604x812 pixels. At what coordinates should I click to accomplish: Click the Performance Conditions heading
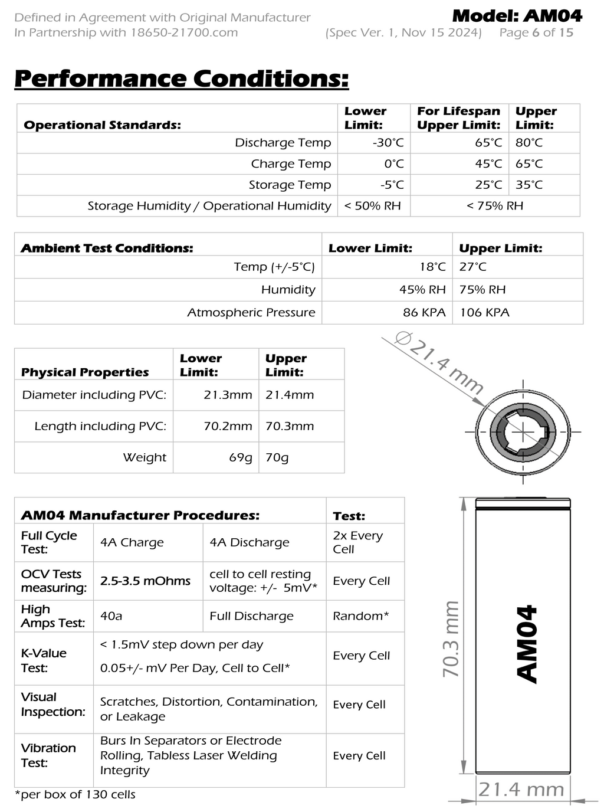coord(181,78)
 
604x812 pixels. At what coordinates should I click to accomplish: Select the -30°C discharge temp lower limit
coord(388,143)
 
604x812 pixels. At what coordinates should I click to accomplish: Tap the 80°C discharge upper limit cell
coord(528,143)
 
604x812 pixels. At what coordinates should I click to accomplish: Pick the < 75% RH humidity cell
coord(494,206)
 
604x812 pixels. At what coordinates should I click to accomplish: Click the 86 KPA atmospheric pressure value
coord(424,313)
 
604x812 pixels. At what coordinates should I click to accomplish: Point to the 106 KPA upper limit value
coord(484,313)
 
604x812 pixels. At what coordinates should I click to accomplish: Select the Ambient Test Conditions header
coord(107,248)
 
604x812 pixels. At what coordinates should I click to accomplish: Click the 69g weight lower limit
coord(240,458)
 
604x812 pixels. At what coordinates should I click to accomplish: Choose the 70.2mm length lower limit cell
coord(228,426)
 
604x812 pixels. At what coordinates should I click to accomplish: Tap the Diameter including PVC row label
coord(94,395)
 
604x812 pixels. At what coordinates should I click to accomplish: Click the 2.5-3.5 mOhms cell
coord(145,581)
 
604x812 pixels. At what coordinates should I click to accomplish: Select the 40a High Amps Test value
coord(111,616)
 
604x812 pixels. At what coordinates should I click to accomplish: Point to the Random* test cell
coord(360,616)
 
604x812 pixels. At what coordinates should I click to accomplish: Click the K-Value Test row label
coord(44,660)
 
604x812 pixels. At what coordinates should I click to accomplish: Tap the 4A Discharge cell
coord(250,543)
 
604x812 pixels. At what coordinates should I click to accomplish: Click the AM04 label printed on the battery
coord(527,643)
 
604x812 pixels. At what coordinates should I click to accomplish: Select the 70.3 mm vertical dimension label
coord(451,639)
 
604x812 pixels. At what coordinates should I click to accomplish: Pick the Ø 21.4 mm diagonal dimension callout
coord(439,364)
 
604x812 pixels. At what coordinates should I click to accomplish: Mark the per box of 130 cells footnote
coord(75,795)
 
